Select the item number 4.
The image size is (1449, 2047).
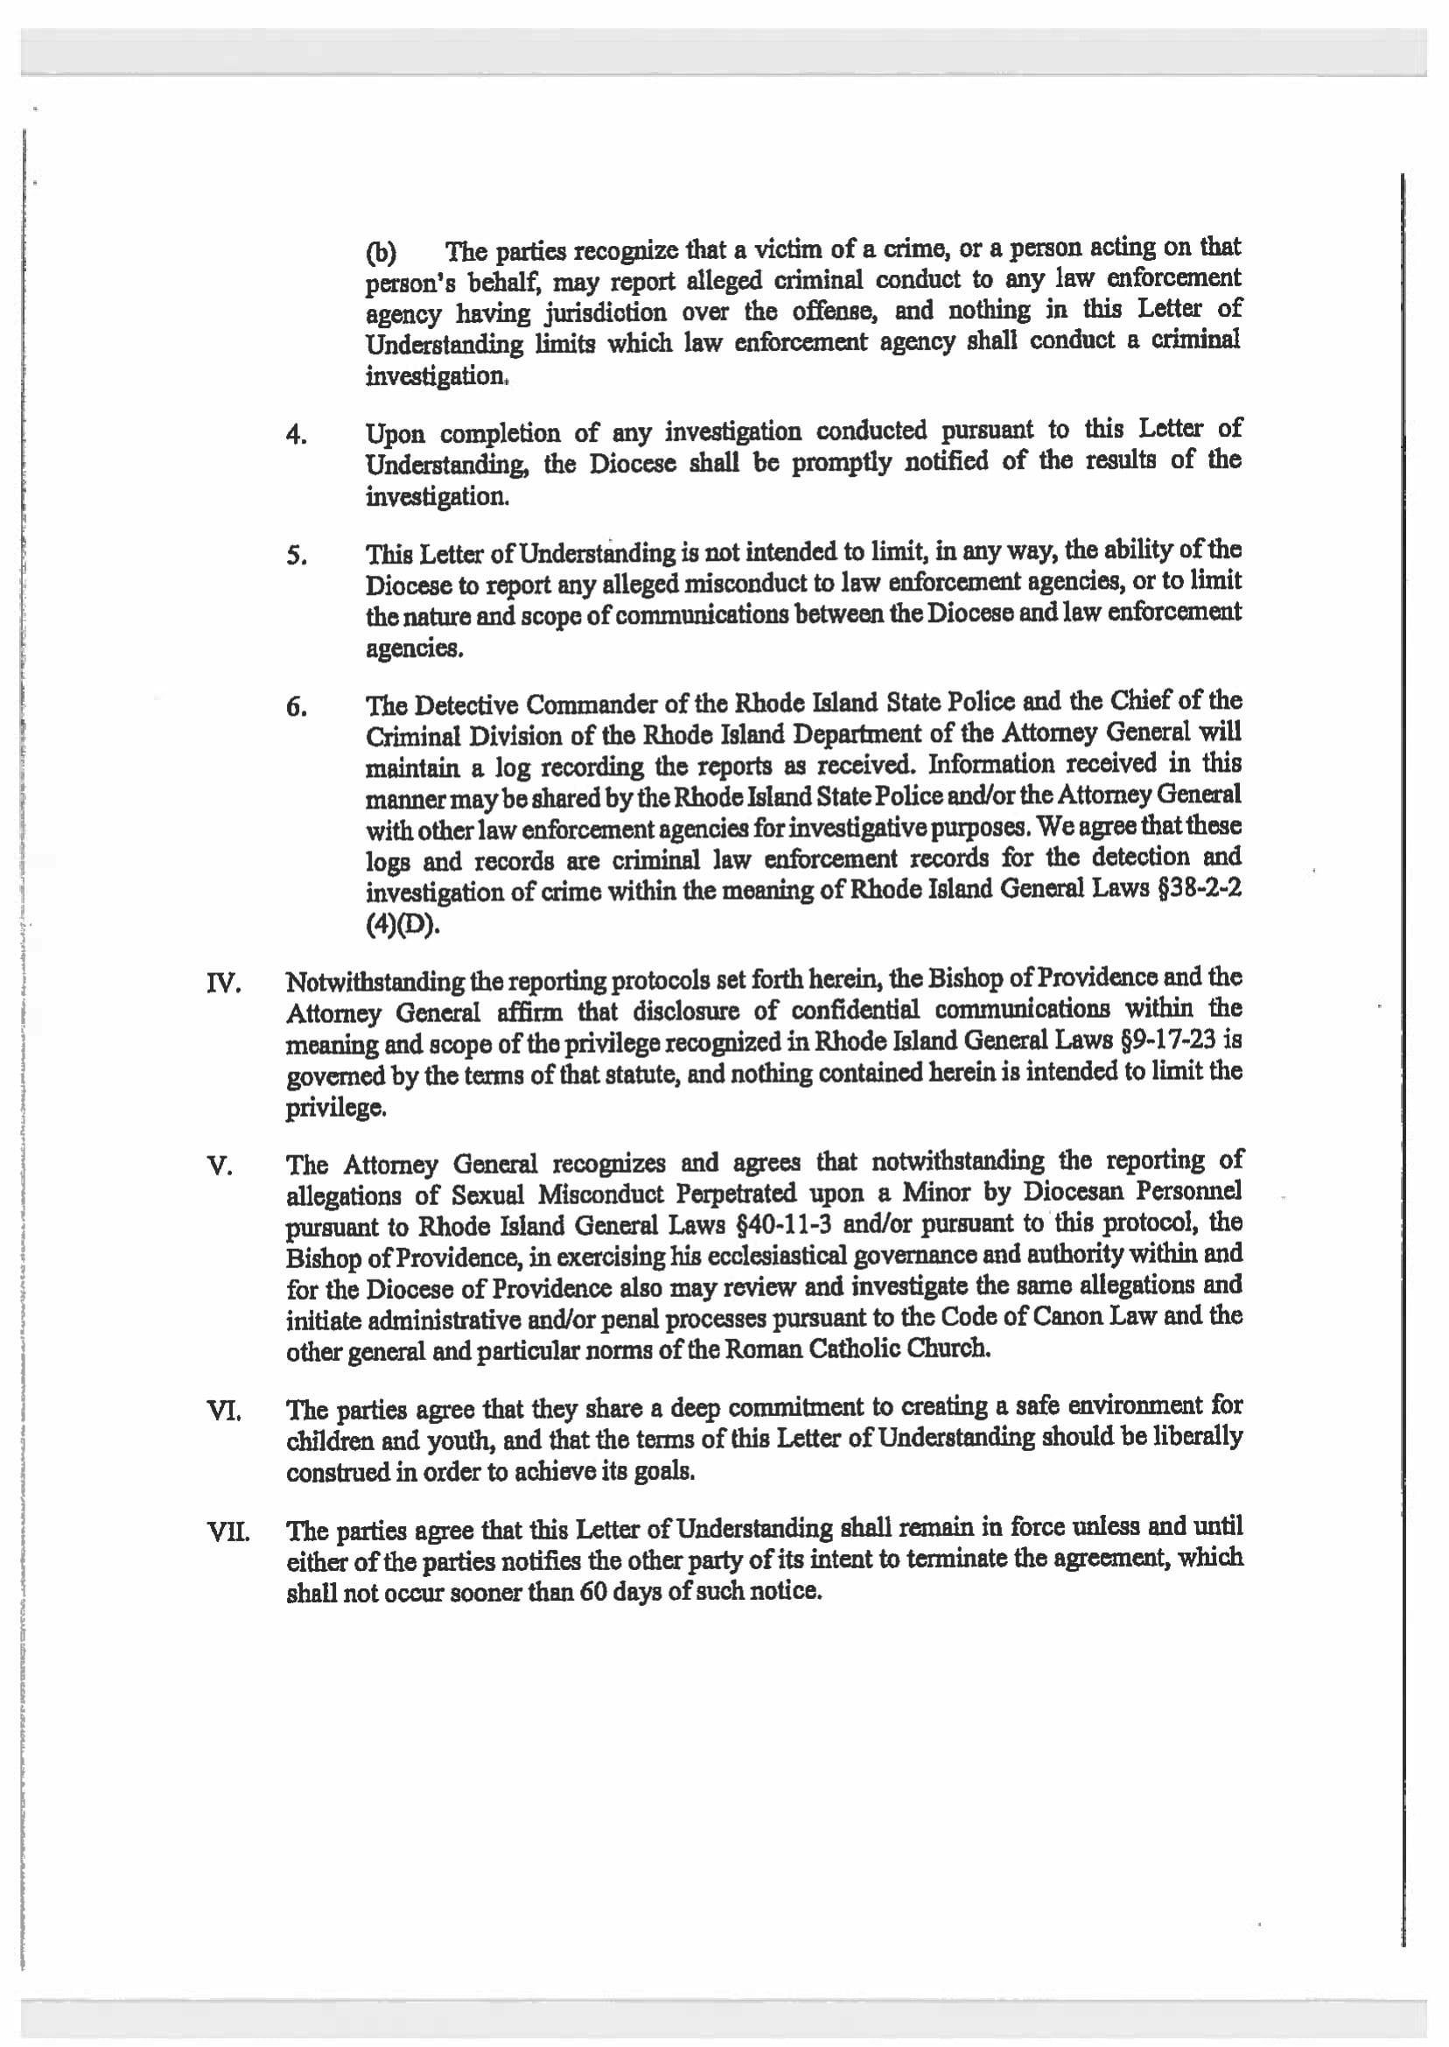pos(297,437)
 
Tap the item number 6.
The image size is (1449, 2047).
pos(297,709)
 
